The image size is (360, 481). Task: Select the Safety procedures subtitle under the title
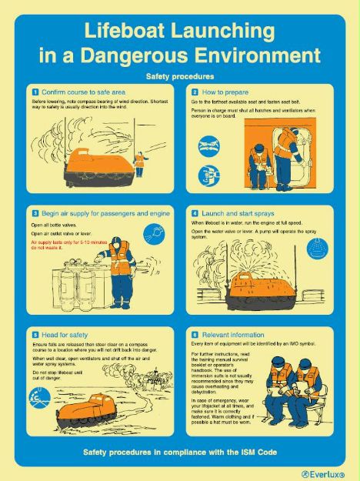click(179, 77)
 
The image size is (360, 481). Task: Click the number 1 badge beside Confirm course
click(35, 92)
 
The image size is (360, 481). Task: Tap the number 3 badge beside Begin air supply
click(35, 212)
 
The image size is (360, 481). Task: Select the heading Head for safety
click(68, 335)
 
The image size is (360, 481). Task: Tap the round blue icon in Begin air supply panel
click(154, 232)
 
